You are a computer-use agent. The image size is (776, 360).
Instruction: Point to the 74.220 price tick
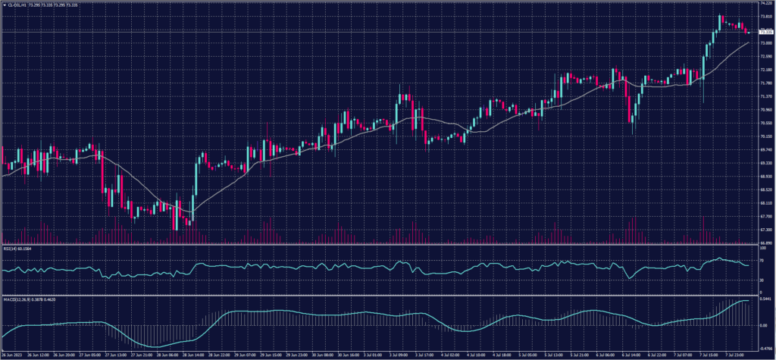pyautogui.click(x=765, y=3)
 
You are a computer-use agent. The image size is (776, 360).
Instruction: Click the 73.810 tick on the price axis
pyautogui.click(x=765, y=17)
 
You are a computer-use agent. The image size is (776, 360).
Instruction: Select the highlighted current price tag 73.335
pyautogui.click(x=765, y=33)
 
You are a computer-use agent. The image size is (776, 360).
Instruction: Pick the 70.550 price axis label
pyautogui.click(x=765, y=123)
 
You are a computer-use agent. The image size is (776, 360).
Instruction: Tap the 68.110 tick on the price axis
pyautogui.click(x=765, y=203)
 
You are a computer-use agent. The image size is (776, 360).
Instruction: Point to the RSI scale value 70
pyautogui.click(x=762, y=260)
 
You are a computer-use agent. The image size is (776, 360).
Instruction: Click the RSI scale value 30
pyautogui.click(x=762, y=280)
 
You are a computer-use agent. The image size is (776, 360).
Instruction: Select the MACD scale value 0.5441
pyautogui.click(x=765, y=299)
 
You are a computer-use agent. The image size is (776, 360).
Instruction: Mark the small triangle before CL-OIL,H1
pyautogui.click(x=4, y=5)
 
